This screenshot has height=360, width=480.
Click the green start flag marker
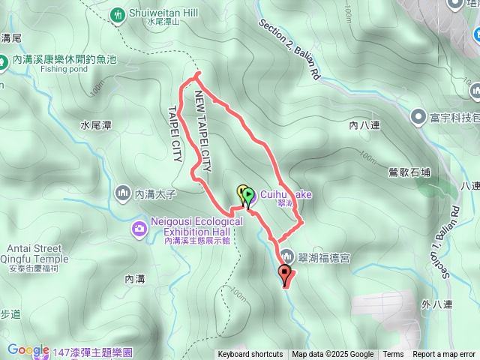(x=248, y=194)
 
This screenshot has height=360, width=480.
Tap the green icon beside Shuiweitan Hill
(x=118, y=13)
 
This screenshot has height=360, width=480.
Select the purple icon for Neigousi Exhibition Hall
(x=139, y=227)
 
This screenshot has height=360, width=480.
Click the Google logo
(x=28, y=349)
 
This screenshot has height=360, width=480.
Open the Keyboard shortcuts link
(x=250, y=355)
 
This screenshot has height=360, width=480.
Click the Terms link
(x=393, y=355)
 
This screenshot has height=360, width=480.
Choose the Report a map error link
(x=444, y=355)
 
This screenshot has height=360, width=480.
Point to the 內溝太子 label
(x=154, y=194)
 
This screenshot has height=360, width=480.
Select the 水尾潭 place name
(x=96, y=125)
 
